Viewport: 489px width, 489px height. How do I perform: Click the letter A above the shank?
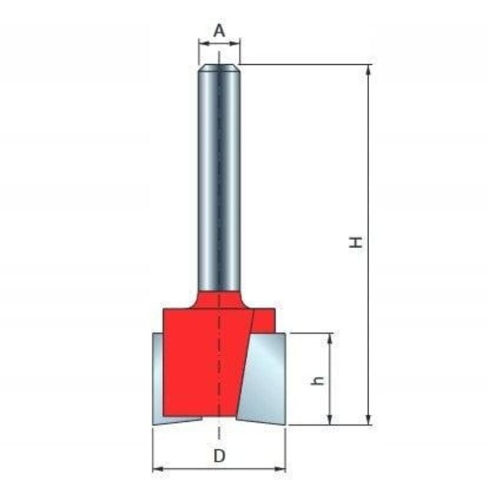[x=219, y=31]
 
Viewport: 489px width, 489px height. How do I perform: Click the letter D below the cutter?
[x=219, y=457]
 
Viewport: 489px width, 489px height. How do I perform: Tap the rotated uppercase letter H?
[x=356, y=242]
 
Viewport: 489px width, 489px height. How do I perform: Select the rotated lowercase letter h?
[x=318, y=380]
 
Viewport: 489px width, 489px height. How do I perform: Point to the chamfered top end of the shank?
[x=219, y=68]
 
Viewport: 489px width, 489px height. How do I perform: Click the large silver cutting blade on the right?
[x=263, y=379]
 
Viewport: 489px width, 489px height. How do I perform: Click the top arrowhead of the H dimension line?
[x=369, y=70]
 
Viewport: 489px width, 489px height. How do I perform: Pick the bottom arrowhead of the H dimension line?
[x=369, y=420]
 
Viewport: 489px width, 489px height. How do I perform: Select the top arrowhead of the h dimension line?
[x=330, y=338]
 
